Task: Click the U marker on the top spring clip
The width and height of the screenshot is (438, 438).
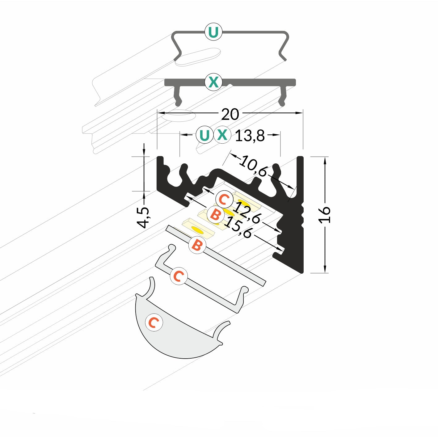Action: [213, 32]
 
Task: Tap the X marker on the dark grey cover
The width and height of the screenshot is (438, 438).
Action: [213, 82]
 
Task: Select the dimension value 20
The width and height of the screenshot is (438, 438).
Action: [230, 114]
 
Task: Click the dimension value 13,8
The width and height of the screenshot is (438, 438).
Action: [250, 136]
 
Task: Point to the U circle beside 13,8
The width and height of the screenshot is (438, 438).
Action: [204, 135]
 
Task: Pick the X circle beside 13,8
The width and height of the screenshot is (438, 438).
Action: [222, 135]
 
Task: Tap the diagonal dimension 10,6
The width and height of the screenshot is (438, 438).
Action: [253, 166]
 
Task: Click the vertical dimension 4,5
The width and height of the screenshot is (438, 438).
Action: [143, 217]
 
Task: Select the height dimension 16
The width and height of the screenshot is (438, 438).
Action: [324, 215]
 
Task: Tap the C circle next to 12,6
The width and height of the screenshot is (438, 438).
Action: [224, 199]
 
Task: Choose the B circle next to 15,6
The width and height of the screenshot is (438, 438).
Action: [215, 214]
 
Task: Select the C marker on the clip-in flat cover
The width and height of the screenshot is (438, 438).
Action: [179, 276]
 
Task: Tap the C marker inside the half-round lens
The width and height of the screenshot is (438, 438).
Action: [154, 322]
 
